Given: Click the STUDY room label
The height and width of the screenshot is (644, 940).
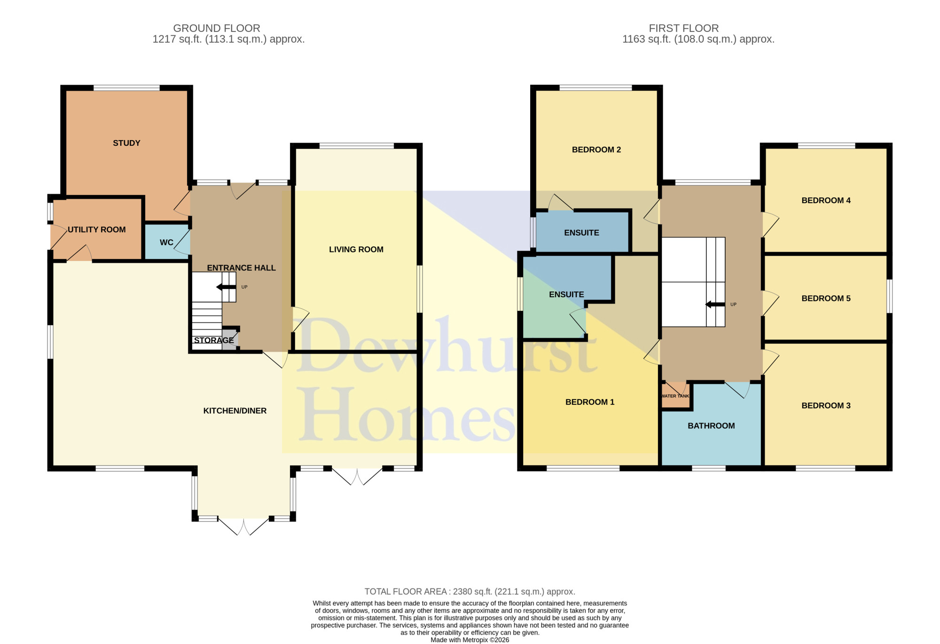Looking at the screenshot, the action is coord(126,143).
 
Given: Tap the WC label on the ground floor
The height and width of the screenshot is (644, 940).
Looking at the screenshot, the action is coord(166,243).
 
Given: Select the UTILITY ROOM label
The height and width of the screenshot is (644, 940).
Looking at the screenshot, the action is coord(97,229).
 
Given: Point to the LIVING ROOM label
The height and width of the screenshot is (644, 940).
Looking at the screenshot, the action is coord(356,250).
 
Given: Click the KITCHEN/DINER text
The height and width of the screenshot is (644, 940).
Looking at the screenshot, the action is coord(235,411).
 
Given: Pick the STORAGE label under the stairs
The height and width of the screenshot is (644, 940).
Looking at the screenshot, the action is coord(214,340).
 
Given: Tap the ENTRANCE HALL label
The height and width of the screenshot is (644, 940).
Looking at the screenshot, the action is coord(242,268).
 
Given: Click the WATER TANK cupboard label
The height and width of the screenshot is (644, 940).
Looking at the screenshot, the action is coord(675,396).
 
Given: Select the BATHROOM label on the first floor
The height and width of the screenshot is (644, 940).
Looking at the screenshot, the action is coord(711,426).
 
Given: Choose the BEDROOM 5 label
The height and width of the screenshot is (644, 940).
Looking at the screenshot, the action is coord(826,298).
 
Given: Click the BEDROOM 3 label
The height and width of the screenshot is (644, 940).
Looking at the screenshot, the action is coord(826,406).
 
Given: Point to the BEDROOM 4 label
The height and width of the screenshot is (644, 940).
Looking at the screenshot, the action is coord(826,201).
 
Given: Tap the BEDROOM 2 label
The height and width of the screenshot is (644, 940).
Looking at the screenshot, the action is coord(596,150).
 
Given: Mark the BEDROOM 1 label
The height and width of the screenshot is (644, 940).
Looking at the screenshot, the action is coord(590,402).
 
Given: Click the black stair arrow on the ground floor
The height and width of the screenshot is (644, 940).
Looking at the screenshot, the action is coord(226,287).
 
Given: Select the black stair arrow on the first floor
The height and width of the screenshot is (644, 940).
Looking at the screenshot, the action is coord(715,305).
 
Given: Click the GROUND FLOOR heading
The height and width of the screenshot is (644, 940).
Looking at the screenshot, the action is coord(217,28).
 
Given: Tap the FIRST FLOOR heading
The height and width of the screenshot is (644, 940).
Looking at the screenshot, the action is coord(684,28).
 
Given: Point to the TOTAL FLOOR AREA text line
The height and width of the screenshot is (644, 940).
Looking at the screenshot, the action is coord(470,592).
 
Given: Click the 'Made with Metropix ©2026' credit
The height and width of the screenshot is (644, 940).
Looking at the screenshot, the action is coord(470,640).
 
